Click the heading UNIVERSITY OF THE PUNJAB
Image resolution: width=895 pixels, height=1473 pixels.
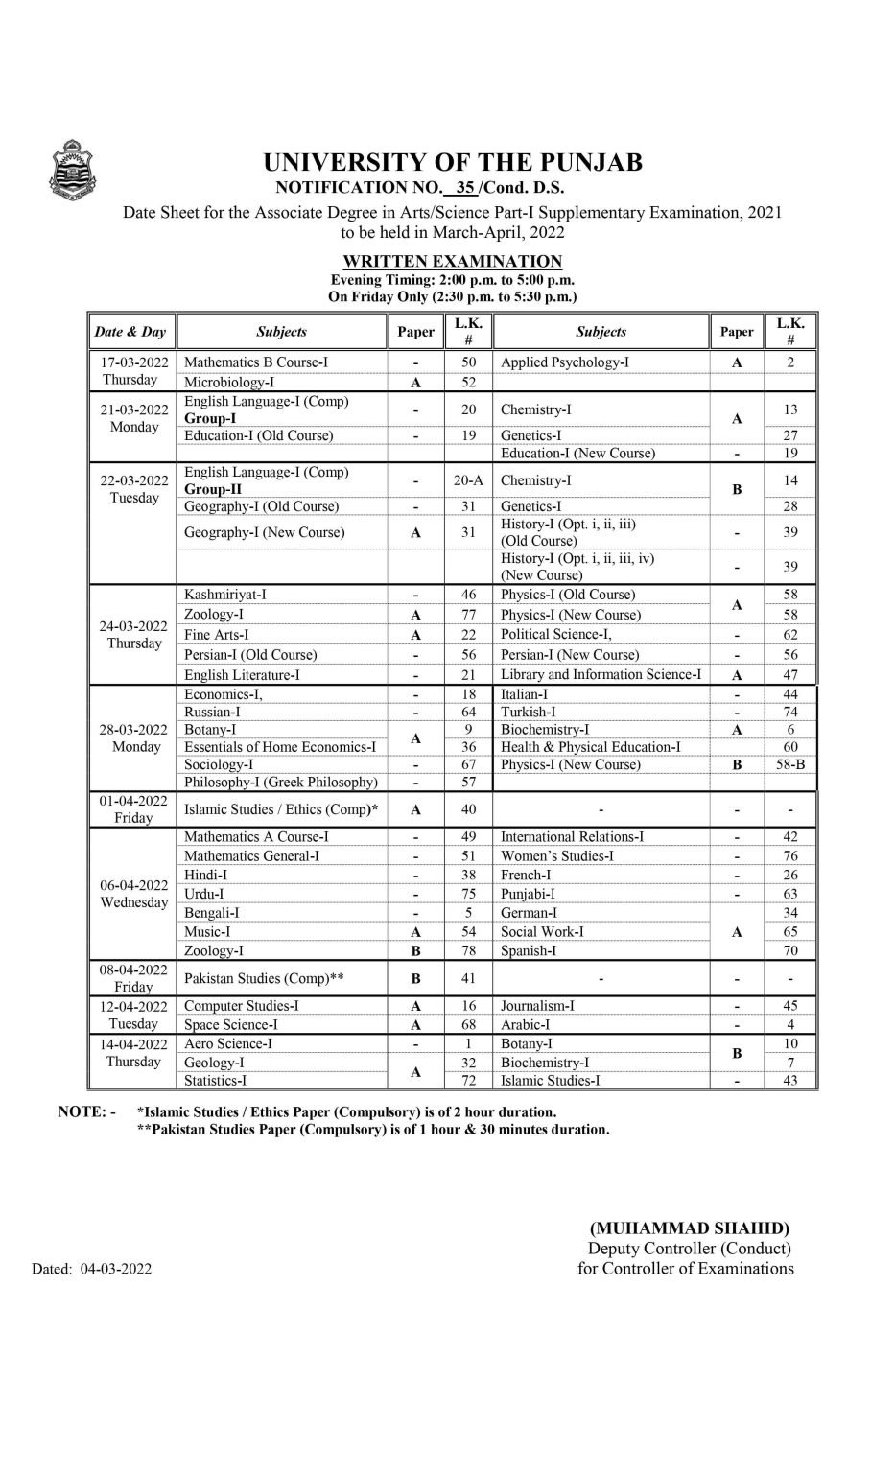pyautogui.click(x=452, y=163)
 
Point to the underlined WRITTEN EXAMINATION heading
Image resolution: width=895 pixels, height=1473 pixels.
pyautogui.click(x=452, y=261)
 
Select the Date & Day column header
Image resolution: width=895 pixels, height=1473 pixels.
pyautogui.click(x=130, y=332)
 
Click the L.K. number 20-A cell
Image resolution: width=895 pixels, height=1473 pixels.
pyautogui.click(x=468, y=480)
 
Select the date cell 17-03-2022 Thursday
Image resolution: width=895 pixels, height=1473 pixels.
pyautogui.click(x=134, y=371)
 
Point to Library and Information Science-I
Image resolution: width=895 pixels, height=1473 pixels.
pyautogui.click(x=601, y=674)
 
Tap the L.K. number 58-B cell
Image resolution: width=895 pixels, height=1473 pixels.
pyautogui.click(x=790, y=764)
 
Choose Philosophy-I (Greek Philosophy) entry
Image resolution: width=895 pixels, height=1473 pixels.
pyautogui.click(x=281, y=782)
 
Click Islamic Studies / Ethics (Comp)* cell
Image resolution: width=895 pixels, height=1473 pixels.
pyautogui.click(x=281, y=809)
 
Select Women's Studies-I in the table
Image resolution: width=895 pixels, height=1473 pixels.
pyautogui.click(x=556, y=855)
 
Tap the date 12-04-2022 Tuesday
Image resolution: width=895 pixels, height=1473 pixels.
pyautogui.click(x=134, y=1015)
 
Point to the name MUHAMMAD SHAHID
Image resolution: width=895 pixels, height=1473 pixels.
pyautogui.click(x=690, y=1227)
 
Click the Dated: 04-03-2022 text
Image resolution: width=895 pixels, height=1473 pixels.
pyautogui.click(x=92, y=1269)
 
